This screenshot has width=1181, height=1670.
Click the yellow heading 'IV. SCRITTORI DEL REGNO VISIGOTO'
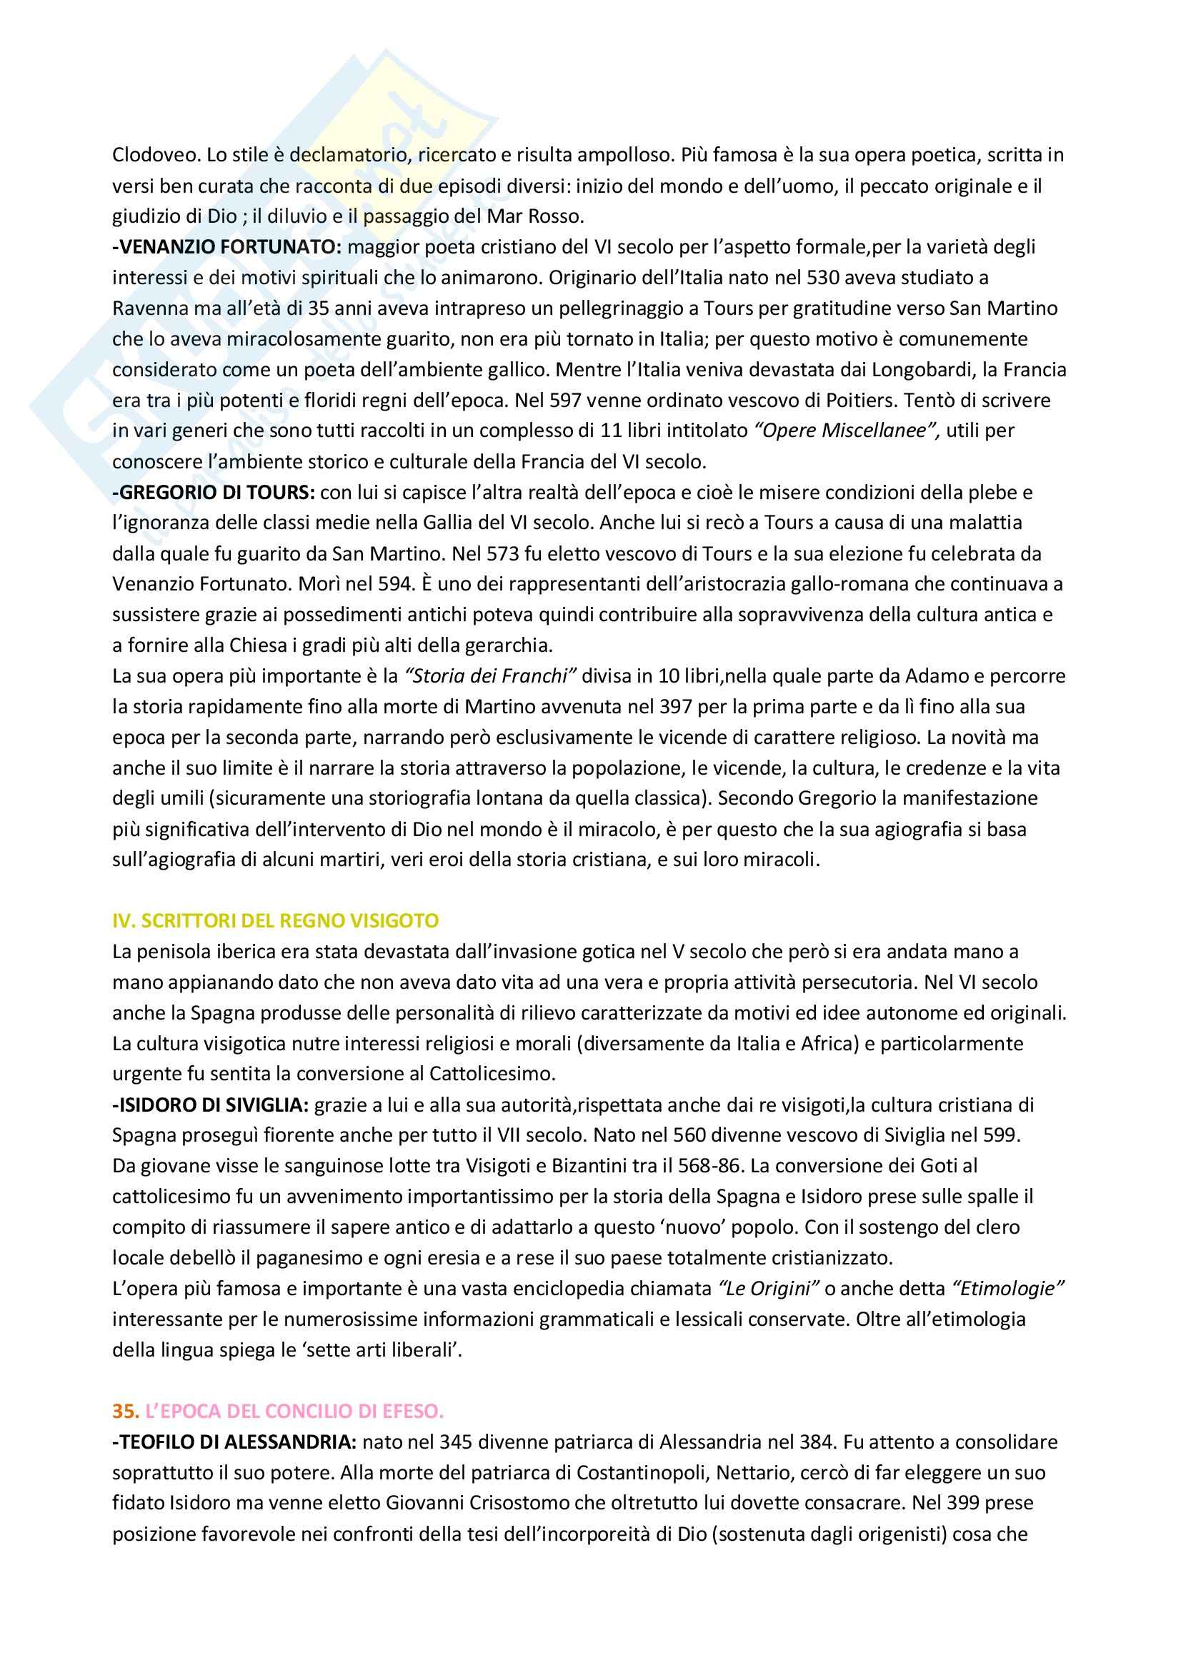275,921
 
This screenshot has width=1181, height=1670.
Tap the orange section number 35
124,1410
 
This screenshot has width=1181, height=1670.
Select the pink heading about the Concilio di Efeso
294,1410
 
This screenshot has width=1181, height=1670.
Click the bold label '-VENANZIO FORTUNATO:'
226,246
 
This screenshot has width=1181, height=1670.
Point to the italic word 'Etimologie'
1009,1288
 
